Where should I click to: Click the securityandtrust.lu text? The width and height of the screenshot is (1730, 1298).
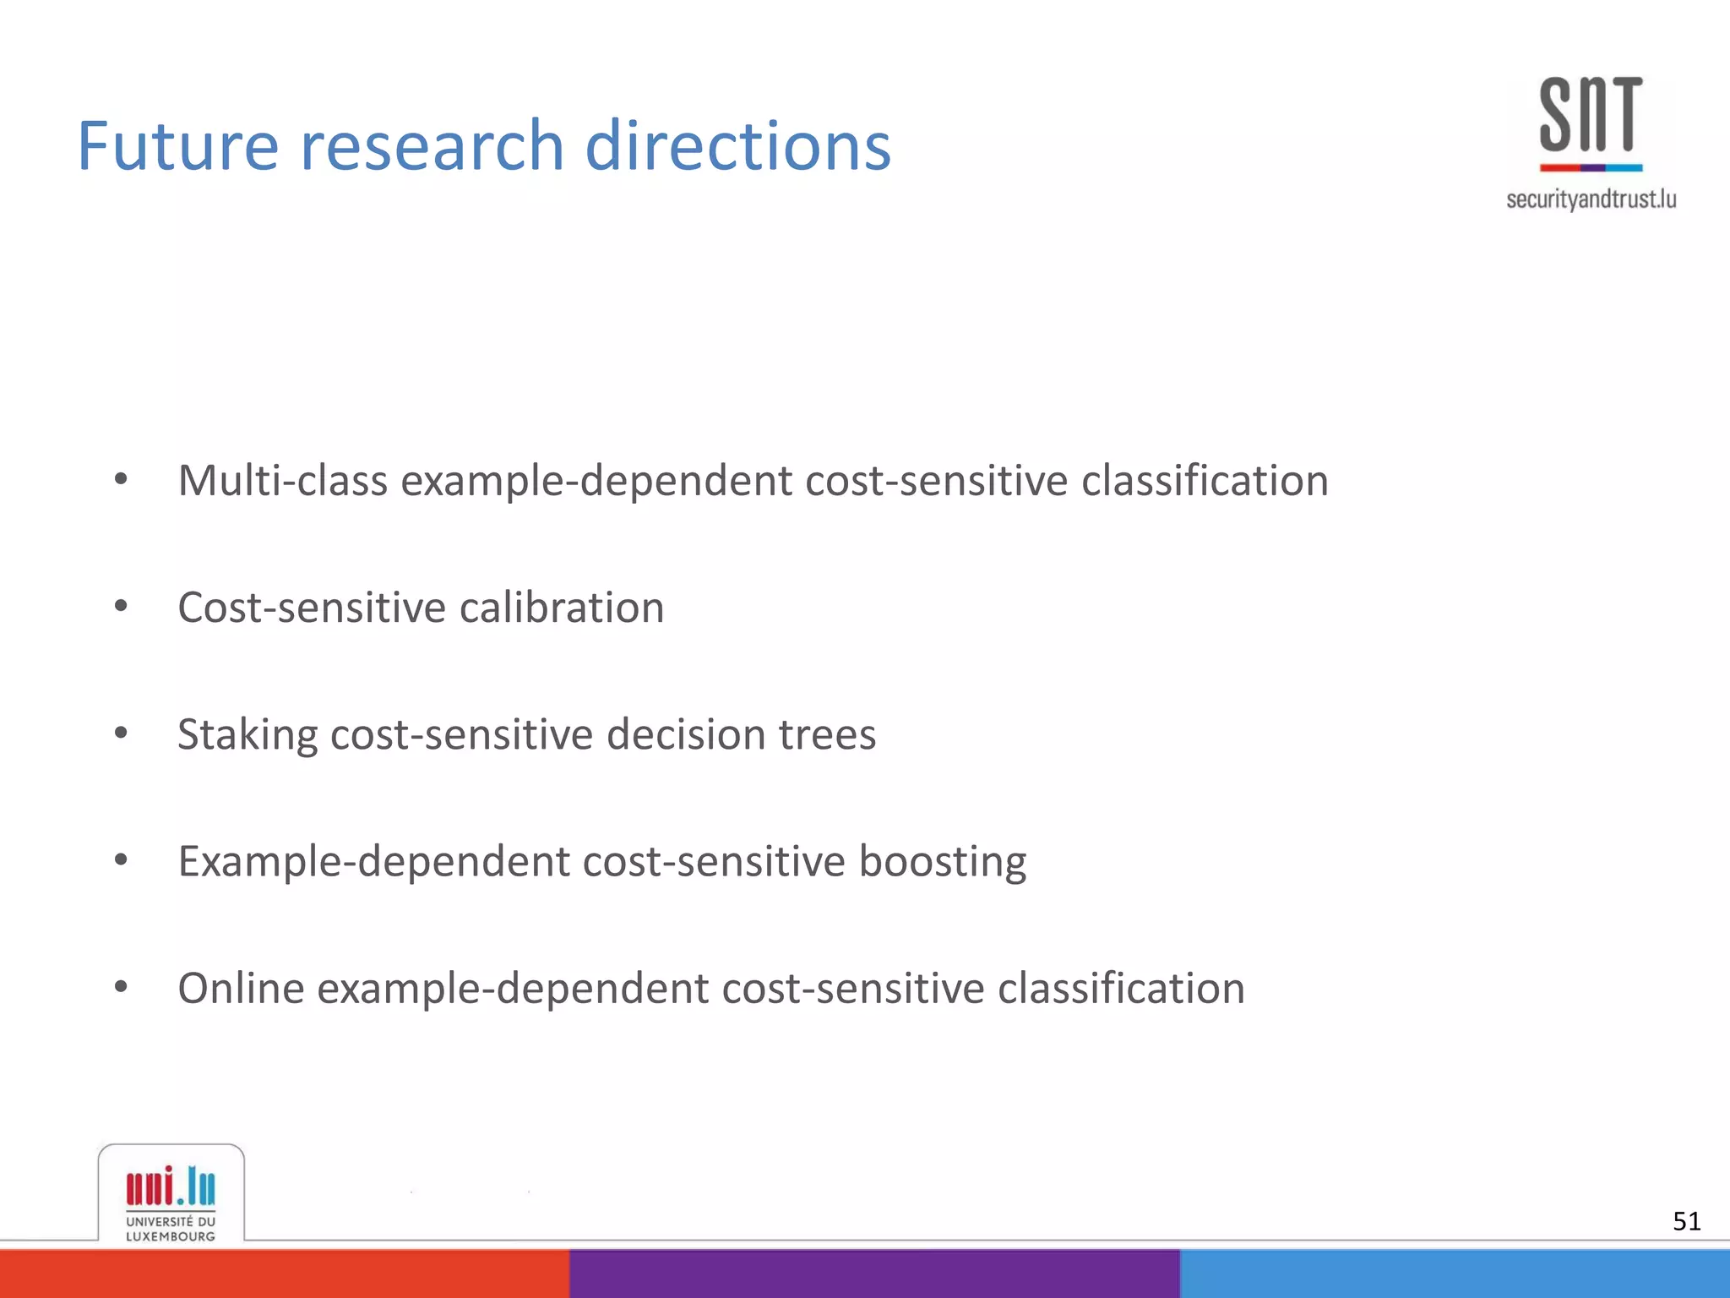click(1591, 199)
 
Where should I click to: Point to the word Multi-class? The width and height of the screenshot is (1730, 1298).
click(282, 480)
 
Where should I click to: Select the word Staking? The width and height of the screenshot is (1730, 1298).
click(248, 734)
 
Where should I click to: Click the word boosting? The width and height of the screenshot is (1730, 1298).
click(942, 861)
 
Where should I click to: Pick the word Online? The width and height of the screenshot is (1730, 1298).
click(241, 988)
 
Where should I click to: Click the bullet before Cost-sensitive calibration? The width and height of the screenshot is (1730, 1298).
click(121, 606)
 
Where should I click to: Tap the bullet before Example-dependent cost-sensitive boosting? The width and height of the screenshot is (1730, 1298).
click(121, 860)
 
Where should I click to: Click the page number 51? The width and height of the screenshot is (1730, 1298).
click(1686, 1221)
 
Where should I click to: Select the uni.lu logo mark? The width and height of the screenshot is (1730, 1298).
click(171, 1186)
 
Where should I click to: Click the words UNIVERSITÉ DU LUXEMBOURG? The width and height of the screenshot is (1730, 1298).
click(171, 1229)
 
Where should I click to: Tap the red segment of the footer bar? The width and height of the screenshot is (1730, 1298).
click(284, 1273)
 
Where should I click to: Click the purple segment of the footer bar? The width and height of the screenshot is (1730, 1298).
click(873, 1273)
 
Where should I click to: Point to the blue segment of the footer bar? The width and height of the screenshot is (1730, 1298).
click(1453, 1273)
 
